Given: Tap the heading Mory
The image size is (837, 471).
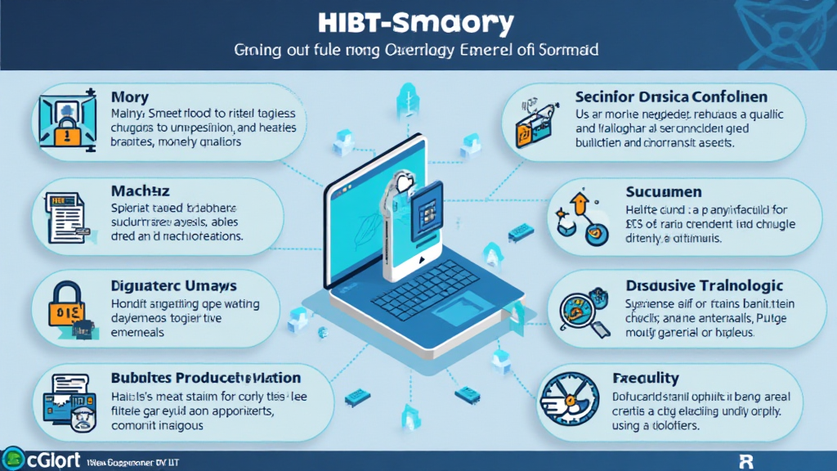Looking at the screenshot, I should coord(131,97).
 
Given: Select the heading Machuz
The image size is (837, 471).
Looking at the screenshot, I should coord(140,191).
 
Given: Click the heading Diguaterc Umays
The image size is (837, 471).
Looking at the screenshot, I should coord(173,285).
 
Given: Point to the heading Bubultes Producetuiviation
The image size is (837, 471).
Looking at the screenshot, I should coord(205,379).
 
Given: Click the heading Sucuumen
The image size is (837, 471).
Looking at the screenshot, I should coord(663,192).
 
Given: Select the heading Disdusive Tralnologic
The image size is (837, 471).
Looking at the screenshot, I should coord(705,285).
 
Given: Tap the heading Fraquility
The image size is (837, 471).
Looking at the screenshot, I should coord(646,378).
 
